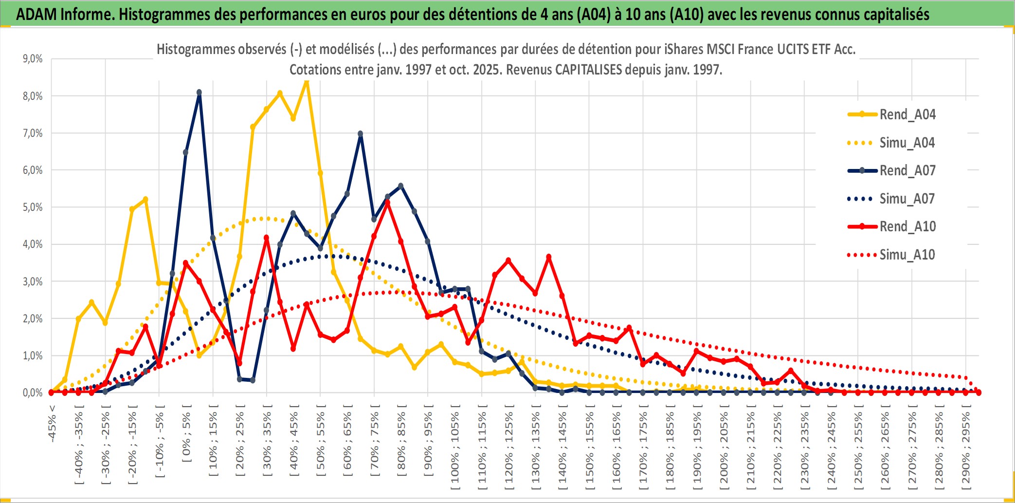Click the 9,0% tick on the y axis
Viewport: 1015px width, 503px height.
pyautogui.click(x=33, y=59)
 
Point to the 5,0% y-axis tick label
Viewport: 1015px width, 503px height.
pyautogui.click(x=33, y=207)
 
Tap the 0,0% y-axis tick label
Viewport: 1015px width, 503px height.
pyautogui.click(x=33, y=392)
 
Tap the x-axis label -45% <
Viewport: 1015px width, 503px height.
pyautogui.click(x=52, y=424)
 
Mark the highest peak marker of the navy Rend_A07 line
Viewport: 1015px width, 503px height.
pyautogui.click(x=199, y=93)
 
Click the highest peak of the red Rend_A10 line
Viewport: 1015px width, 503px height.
pyautogui.click(x=387, y=202)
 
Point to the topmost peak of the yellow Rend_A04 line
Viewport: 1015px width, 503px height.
pyautogui.click(x=306, y=81)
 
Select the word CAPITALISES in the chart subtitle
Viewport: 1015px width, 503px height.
pyautogui.click(x=588, y=70)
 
